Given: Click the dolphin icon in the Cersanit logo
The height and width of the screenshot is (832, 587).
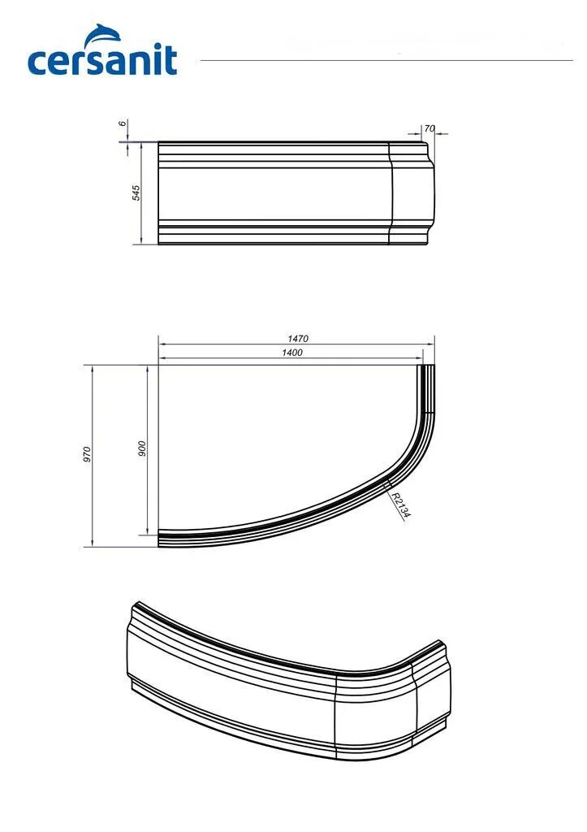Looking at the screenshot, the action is tap(104, 34).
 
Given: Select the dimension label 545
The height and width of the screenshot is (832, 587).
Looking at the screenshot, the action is tap(136, 193).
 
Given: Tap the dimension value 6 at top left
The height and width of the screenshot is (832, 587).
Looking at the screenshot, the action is tap(123, 123).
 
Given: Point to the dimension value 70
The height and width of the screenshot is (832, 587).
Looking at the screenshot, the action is tap(429, 128).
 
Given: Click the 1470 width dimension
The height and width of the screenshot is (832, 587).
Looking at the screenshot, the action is tap(298, 339).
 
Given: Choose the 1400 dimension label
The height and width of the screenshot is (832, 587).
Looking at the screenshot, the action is tap(292, 353).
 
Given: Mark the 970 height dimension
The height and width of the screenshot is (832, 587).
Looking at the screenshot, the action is tap(88, 454).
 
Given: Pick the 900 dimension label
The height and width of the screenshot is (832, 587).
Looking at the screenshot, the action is tap(141, 448).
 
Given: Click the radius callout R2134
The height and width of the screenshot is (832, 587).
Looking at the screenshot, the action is tap(401, 505).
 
